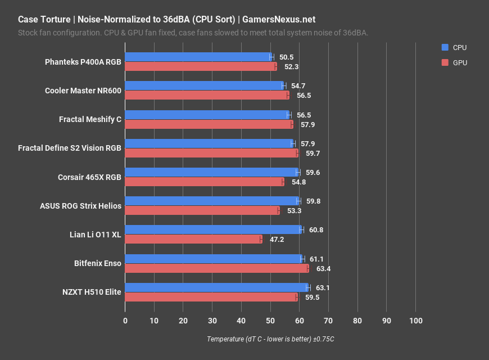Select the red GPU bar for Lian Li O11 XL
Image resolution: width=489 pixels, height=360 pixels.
click(x=193, y=239)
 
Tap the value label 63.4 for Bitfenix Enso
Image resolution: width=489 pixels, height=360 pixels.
click(x=323, y=268)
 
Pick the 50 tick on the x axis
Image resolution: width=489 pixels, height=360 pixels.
click(x=270, y=321)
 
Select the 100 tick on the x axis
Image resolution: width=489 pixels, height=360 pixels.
click(x=415, y=321)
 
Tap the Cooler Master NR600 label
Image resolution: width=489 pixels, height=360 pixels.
click(x=83, y=91)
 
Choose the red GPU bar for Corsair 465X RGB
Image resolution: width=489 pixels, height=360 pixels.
click(x=204, y=182)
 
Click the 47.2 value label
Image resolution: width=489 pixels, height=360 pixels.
click(x=277, y=239)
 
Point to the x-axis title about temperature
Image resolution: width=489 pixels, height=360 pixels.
click(x=270, y=339)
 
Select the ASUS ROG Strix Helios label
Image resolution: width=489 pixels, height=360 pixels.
click(x=80, y=206)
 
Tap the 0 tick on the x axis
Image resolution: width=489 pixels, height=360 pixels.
click(x=125, y=321)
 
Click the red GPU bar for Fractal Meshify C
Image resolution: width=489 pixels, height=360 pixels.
click(x=209, y=124)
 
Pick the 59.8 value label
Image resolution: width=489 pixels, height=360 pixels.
click(x=313, y=201)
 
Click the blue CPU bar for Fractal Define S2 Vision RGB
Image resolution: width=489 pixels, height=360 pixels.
click(x=209, y=143)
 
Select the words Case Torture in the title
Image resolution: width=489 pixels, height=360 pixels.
click(x=43, y=19)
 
